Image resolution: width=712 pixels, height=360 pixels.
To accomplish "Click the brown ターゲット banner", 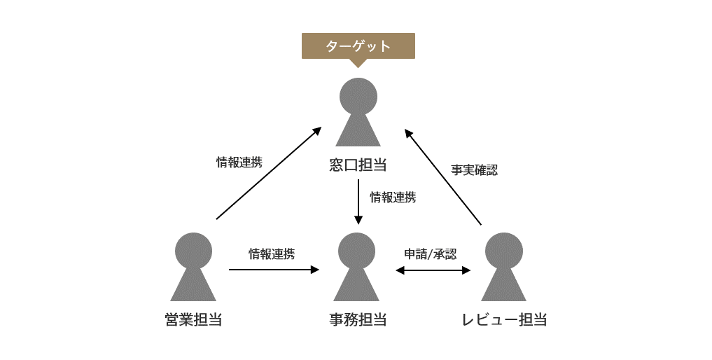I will [358, 46].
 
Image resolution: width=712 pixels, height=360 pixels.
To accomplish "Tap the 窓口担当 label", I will [358, 165].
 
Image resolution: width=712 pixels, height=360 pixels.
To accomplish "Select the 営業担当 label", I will [193, 319].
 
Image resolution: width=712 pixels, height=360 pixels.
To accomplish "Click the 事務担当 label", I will [358, 319].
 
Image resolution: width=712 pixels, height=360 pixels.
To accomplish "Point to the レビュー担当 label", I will [504, 319].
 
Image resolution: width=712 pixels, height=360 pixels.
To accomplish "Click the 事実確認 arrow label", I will [474, 170].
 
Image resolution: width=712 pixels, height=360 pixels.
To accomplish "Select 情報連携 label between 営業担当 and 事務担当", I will [272, 254].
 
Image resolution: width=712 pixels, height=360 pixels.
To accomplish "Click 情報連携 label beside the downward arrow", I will [393, 197].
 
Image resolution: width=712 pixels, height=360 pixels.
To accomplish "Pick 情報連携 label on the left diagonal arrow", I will [239, 162].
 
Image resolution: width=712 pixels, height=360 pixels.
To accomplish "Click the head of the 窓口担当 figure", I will [358, 97].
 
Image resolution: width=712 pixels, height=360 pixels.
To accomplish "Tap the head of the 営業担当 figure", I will [193, 251].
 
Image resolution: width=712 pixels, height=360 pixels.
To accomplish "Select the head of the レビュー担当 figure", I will [503, 251].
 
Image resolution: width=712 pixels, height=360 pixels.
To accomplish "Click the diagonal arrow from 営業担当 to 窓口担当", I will [268, 174].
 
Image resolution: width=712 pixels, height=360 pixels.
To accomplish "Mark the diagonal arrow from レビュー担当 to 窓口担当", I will [444, 176].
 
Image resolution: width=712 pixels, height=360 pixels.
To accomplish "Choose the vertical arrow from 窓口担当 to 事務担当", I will [358, 202].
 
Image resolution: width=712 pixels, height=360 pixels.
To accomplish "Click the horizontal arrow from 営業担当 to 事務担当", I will [274, 270].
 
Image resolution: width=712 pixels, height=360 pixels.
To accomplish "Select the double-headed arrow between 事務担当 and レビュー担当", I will [433, 270].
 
